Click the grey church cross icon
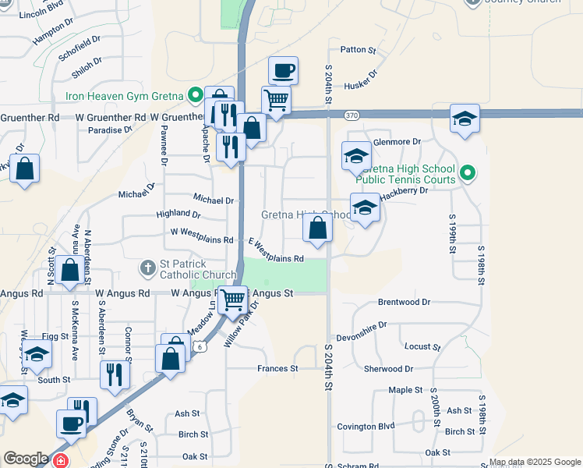(x=147, y=269)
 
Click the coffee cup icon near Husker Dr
(x=284, y=71)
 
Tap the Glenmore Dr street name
(x=397, y=142)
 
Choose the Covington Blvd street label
(x=366, y=427)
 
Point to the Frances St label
(x=278, y=368)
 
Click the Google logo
(x=25, y=459)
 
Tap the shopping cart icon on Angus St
(x=232, y=299)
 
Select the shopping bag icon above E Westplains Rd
(x=317, y=229)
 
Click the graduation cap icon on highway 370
(x=465, y=119)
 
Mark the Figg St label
(x=55, y=335)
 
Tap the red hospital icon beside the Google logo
(x=62, y=461)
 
